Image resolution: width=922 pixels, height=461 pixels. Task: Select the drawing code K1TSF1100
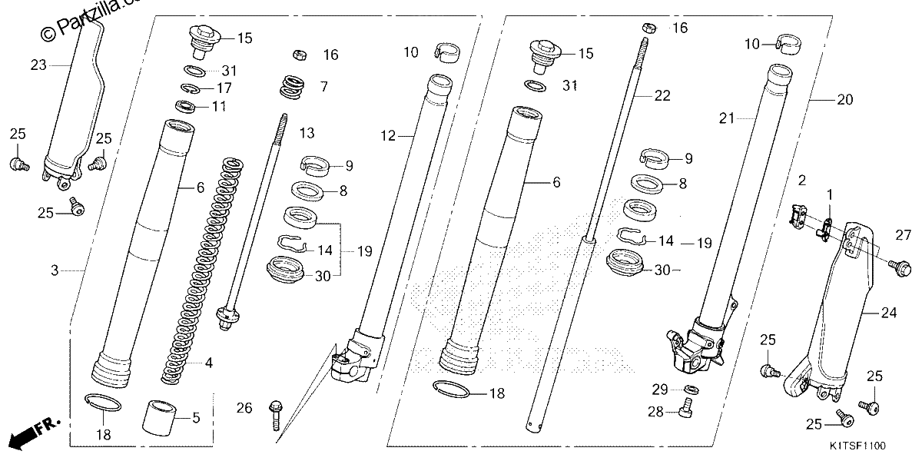coord(857,446)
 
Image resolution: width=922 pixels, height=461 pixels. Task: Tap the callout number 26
coord(244,408)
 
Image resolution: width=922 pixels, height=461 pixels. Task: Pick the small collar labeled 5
coord(159,417)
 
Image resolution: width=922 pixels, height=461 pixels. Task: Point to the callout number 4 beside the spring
coord(209,363)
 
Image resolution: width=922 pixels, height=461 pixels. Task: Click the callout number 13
coord(307,133)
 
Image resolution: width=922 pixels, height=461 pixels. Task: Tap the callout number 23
coord(38,65)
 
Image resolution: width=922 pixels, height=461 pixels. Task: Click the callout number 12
coord(388,135)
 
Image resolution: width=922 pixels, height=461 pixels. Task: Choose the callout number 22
coord(662,95)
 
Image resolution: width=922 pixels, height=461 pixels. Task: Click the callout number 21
coord(727,118)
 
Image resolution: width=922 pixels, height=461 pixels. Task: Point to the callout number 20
coord(845,100)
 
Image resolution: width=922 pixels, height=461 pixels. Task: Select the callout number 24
coord(889,313)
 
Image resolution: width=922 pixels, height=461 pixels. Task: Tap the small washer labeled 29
coord(691,389)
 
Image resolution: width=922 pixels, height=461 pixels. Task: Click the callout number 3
coord(55,270)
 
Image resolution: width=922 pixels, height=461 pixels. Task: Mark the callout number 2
coord(802,181)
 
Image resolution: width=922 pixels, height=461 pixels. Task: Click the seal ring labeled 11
coord(185,107)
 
